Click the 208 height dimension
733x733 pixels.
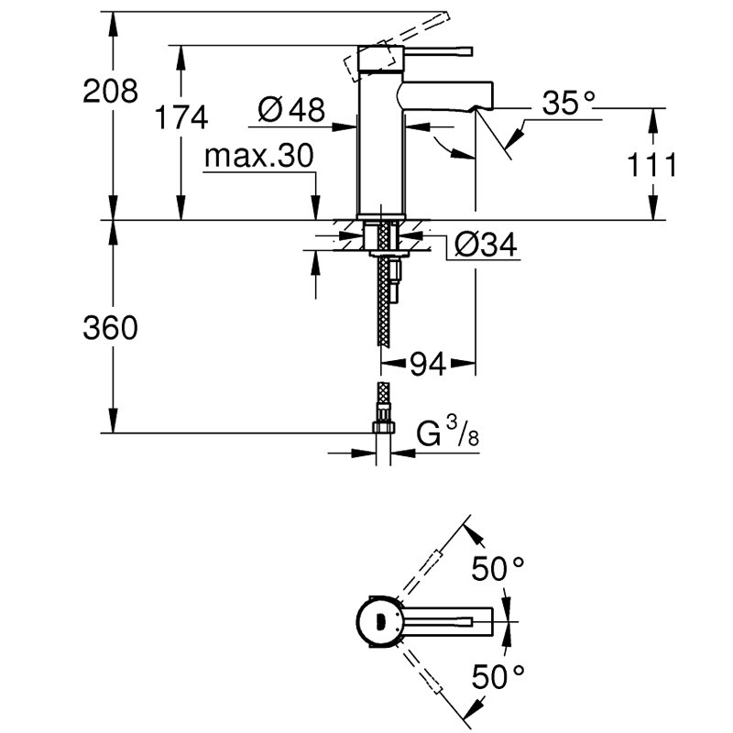tap(110, 91)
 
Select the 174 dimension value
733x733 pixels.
tap(181, 117)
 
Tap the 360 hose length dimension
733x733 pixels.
tap(110, 328)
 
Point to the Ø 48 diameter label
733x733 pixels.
tap(291, 109)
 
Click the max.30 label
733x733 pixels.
tap(259, 156)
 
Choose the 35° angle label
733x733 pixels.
tap(568, 103)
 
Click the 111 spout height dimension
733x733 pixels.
tap(651, 165)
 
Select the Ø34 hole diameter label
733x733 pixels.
tap(487, 244)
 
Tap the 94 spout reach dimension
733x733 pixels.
tap(428, 364)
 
